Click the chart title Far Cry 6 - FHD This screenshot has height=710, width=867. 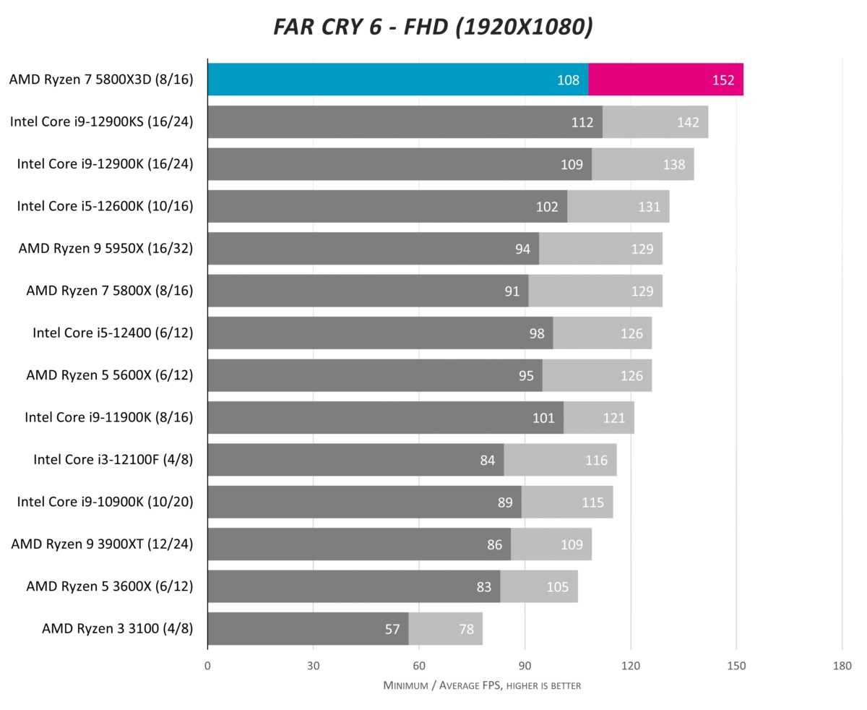point(433,27)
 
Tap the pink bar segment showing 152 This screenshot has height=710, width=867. point(665,80)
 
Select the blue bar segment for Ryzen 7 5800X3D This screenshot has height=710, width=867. point(397,80)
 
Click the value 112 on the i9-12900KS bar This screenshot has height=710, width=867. point(582,122)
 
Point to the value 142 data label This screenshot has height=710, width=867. point(688,122)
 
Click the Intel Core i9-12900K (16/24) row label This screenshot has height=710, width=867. point(105,164)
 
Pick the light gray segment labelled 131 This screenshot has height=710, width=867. point(618,207)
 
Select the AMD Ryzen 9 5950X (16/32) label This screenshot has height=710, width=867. point(106,249)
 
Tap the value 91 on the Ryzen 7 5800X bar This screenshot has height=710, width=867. point(512,291)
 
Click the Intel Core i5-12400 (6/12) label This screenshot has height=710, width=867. point(113,333)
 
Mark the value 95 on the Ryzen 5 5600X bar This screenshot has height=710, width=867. point(526,376)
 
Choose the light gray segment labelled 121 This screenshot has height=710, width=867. point(599,418)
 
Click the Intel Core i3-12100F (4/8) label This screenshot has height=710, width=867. point(113,460)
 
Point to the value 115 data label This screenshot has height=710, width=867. point(592,502)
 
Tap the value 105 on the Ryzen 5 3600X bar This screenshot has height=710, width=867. point(557,587)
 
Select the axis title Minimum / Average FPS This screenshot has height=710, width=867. point(482,685)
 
